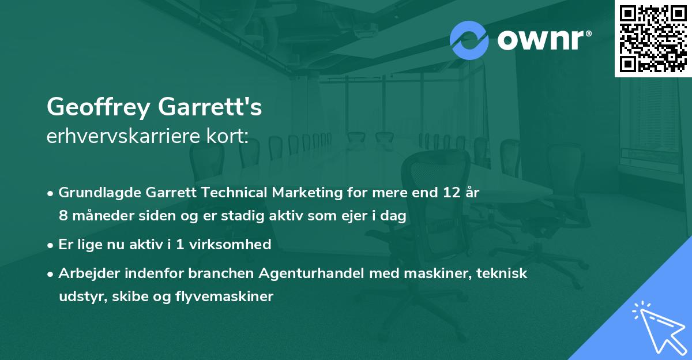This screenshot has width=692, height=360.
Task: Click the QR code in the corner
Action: (653, 39)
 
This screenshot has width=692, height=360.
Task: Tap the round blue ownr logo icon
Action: (469, 40)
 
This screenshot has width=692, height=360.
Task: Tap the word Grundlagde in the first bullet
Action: (94, 193)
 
